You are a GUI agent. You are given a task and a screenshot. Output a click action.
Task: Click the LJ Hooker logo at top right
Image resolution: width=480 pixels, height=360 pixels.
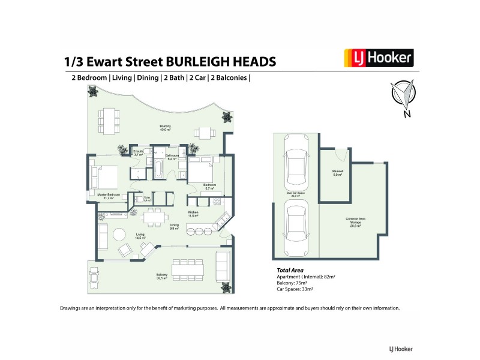[x=378, y=58]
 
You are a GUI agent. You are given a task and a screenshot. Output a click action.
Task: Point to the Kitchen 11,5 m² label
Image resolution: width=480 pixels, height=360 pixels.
[x=193, y=214]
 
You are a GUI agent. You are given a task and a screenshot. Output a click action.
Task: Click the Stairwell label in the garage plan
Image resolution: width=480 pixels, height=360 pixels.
[x=337, y=173]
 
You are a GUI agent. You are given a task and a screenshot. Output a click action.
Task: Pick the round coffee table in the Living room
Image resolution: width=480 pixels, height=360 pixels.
[x=119, y=235]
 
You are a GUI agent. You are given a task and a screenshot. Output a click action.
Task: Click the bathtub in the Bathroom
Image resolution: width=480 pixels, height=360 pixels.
[x=157, y=170]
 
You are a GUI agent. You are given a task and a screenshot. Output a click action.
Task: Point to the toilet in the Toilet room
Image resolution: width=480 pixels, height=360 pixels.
[x=140, y=199]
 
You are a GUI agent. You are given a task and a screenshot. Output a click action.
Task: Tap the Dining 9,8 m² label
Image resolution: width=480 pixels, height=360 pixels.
[x=175, y=227]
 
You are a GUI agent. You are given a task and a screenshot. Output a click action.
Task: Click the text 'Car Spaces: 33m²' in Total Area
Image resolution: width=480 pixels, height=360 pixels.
[x=294, y=289]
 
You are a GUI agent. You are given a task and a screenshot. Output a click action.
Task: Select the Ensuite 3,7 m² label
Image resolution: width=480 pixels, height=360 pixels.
[x=138, y=154]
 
